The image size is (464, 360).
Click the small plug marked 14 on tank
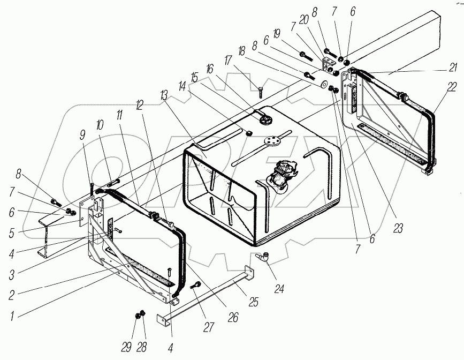[249, 133]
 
